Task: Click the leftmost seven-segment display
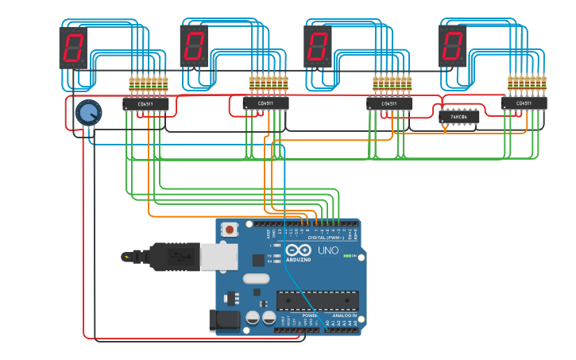73,48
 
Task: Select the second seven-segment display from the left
194,45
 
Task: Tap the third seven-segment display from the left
318,46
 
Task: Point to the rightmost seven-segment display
452,45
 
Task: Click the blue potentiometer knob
87,113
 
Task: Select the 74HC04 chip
459,117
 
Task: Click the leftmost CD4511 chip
145,103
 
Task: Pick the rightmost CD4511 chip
524,103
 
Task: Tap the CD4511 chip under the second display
265,103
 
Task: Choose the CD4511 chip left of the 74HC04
389,103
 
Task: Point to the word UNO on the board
328,250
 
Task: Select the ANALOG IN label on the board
344,315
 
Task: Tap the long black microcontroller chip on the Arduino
318,300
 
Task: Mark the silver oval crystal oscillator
257,278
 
